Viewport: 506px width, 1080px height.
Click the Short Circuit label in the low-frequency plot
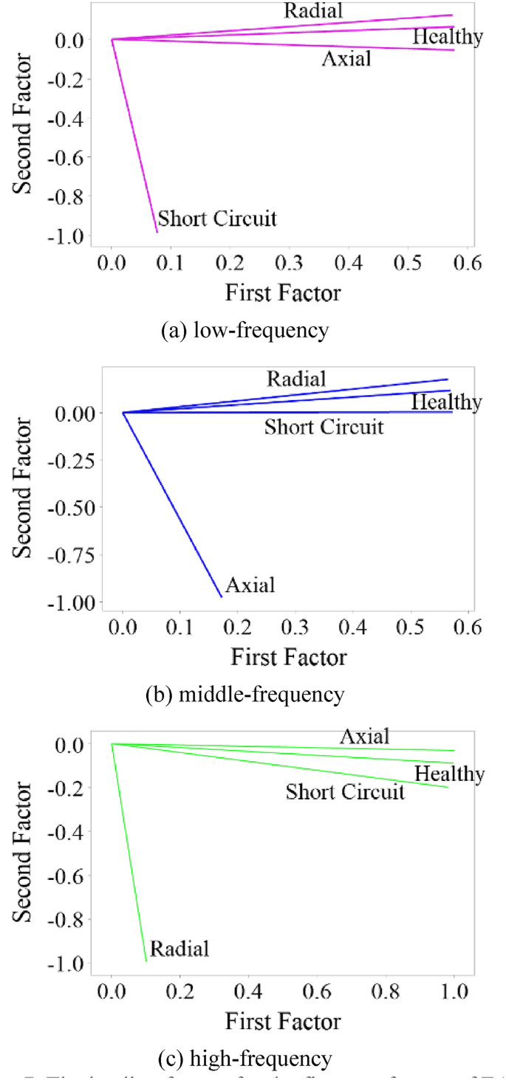coord(217,219)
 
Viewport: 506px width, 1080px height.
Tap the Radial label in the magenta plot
coord(314,10)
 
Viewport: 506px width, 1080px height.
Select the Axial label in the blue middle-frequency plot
coord(250,585)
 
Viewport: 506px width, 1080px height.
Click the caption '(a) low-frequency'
coord(245,329)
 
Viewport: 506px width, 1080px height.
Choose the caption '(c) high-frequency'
coord(245,1059)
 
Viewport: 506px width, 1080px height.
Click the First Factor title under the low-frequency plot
coord(283,292)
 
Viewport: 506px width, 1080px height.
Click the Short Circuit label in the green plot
coord(345,792)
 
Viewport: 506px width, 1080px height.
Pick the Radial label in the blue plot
coord(296,379)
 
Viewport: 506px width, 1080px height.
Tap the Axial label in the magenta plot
coord(346,58)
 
